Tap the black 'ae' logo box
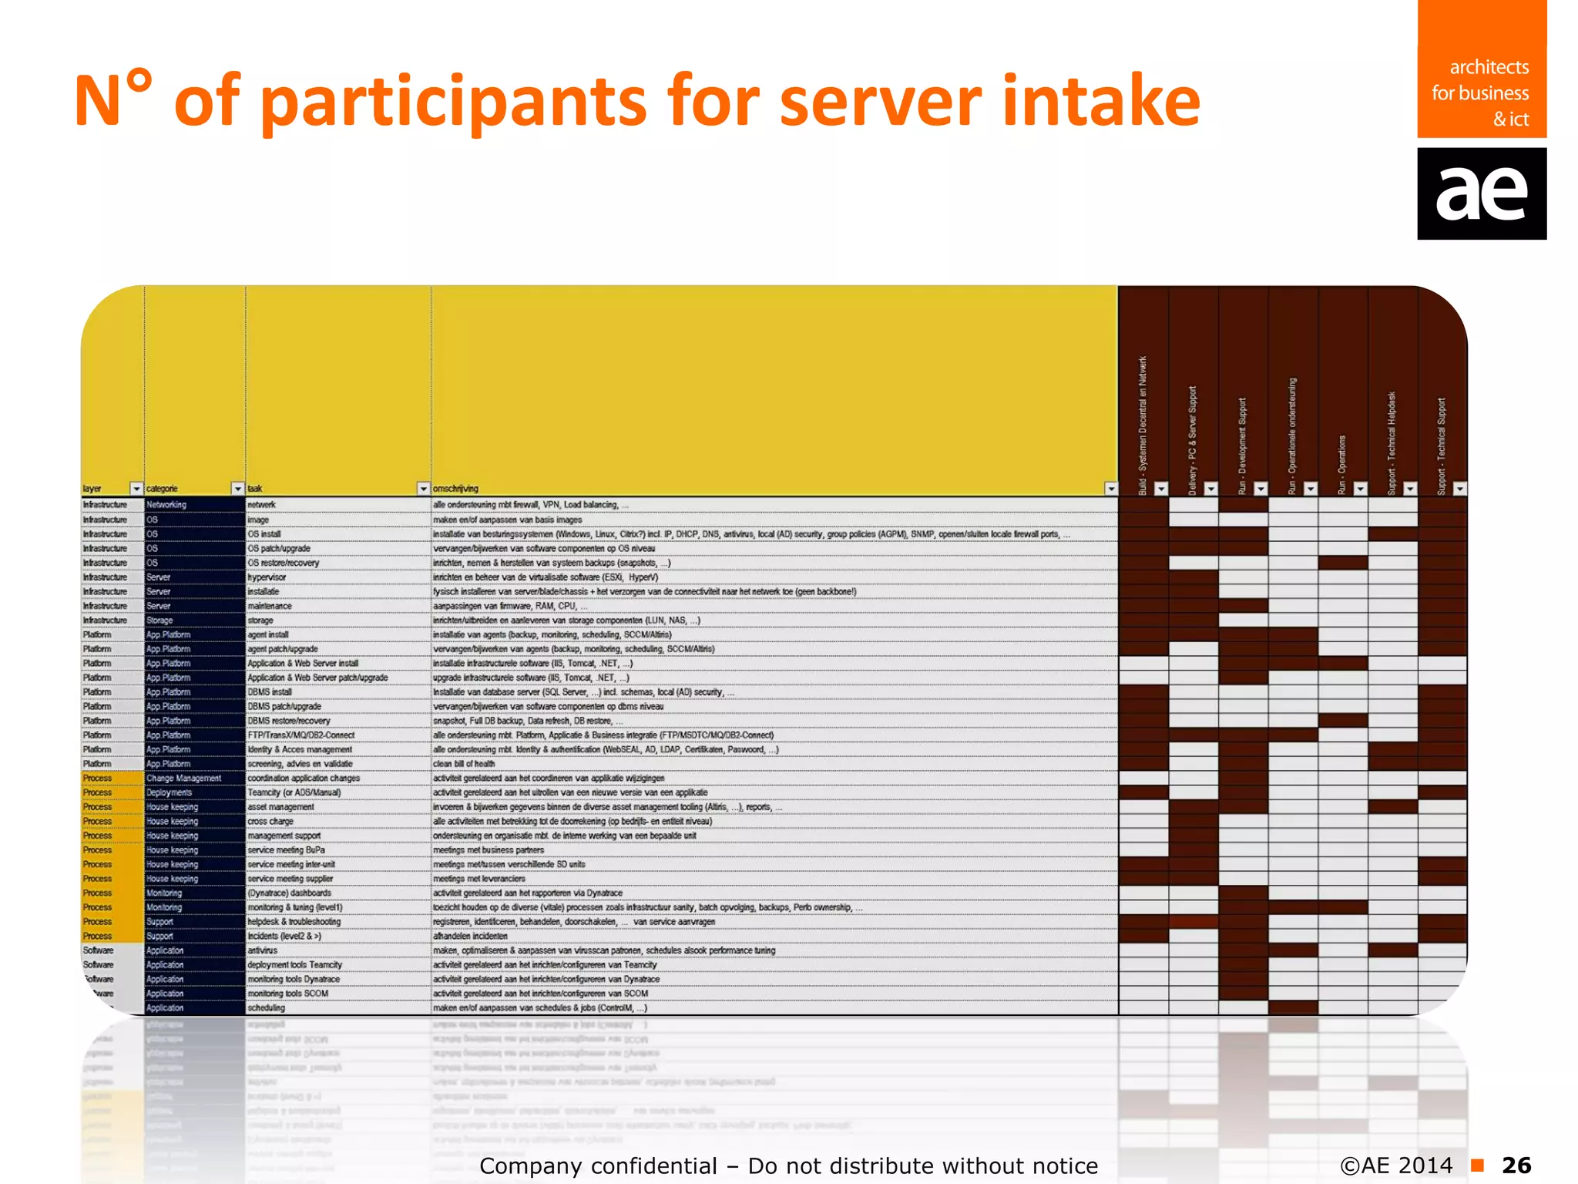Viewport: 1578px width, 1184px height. click(1481, 193)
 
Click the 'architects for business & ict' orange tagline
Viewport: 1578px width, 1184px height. click(1480, 93)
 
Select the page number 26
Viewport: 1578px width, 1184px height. click(1516, 1165)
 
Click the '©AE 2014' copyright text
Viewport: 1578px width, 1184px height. click(1395, 1165)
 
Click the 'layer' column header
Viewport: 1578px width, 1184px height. click(92, 489)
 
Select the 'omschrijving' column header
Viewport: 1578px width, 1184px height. click(455, 489)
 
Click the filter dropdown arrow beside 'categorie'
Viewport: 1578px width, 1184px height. click(237, 489)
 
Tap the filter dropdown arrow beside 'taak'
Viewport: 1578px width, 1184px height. click(423, 489)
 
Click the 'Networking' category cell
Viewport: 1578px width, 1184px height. click(166, 505)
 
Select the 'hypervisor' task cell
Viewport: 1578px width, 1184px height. click(267, 577)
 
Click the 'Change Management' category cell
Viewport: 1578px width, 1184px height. click(183, 779)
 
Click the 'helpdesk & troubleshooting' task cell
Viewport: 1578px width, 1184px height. click(294, 922)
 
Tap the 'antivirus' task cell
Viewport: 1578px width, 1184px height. click(262, 950)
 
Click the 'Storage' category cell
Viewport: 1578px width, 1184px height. click(159, 621)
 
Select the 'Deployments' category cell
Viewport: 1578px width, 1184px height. click(169, 792)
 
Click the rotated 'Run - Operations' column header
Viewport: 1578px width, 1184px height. click(1341, 464)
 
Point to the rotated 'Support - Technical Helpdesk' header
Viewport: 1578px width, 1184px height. click(1392, 443)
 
